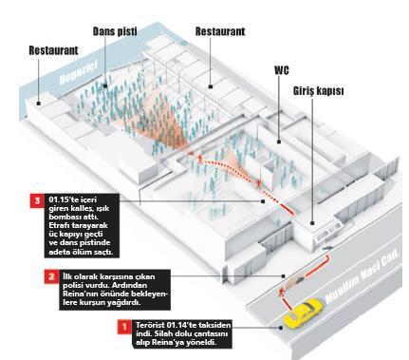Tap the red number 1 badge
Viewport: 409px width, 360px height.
click(124, 327)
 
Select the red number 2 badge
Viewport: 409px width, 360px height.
click(51, 276)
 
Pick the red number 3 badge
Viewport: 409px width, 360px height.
click(38, 200)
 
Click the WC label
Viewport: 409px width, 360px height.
click(281, 70)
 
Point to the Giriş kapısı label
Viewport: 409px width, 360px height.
click(318, 91)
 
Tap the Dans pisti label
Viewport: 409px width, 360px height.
click(115, 31)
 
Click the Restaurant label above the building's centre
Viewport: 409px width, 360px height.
click(220, 31)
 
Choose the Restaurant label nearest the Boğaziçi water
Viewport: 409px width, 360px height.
click(53, 50)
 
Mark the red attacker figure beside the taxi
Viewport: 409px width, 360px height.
click(281, 293)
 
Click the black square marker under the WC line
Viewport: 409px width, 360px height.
click(279, 142)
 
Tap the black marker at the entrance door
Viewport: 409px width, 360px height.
click(312, 223)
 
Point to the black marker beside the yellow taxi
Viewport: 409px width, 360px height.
click(281, 328)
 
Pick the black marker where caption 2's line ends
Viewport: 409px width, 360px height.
click(284, 276)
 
